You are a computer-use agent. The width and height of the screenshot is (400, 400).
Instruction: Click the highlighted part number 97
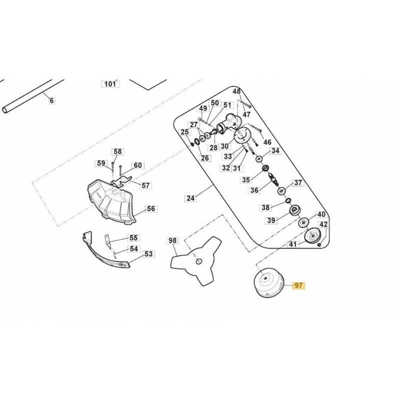point(298,286)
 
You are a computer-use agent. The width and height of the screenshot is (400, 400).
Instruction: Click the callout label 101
point(109,84)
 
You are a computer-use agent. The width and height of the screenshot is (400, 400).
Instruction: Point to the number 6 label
point(50,100)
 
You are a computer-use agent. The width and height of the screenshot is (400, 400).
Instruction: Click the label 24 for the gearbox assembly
point(190,198)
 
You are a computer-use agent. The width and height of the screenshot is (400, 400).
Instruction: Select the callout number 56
point(150,209)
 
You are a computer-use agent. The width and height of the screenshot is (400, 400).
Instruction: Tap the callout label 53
point(148,254)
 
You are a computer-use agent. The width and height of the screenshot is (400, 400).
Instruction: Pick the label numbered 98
point(172,241)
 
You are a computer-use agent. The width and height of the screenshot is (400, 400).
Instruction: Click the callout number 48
point(236,91)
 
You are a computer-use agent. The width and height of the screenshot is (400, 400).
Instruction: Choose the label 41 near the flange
point(293,244)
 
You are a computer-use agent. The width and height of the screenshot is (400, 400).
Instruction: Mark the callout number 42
point(323,225)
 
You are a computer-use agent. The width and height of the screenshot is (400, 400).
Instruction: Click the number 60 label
point(137,165)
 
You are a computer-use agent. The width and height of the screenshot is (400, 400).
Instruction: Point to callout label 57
point(145,185)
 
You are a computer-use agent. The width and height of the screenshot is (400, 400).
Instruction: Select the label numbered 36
point(254,190)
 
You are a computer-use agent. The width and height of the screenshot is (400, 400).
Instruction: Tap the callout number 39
point(271,220)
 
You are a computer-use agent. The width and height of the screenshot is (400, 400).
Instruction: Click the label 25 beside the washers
point(185,132)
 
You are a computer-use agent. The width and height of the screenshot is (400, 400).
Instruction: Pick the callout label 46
point(267,142)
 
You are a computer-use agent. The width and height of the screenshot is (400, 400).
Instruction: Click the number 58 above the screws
point(117,151)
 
